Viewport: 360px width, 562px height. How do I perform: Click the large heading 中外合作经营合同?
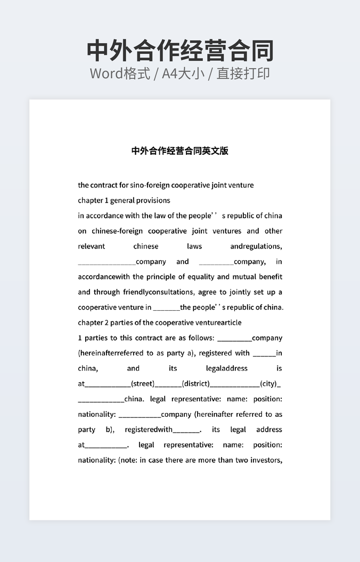pos(180,51)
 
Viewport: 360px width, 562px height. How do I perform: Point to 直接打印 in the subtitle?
pos(243,73)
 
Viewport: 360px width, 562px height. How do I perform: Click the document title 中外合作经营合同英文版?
pos(180,151)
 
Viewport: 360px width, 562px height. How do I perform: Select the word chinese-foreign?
pos(117,231)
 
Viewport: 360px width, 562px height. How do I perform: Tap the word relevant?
pos(92,246)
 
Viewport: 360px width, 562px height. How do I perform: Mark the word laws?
pos(194,246)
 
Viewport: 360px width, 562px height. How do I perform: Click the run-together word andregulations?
pos(256,246)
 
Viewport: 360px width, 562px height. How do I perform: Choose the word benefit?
pos(271,277)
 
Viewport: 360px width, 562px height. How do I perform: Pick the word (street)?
pos(142,384)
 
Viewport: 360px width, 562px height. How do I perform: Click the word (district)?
pos(195,384)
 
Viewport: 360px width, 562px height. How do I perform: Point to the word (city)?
pos(268,384)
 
